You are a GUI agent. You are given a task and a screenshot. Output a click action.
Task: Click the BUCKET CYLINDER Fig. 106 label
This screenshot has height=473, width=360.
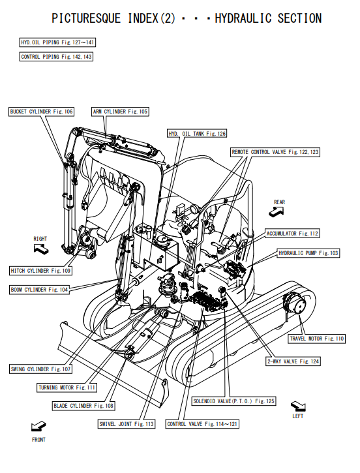coord(41,112)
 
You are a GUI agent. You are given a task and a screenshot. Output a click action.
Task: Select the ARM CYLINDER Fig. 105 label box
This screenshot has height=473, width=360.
coord(120,112)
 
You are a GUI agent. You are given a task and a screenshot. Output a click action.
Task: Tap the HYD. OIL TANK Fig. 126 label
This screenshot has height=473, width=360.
coord(197,134)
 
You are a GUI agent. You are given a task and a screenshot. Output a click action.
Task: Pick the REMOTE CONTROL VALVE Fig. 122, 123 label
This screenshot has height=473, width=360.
coord(275,152)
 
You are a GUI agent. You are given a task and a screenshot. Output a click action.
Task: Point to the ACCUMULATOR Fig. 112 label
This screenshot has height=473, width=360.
coord(292,234)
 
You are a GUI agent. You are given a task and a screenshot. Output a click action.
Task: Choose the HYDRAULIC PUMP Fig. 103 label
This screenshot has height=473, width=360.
coord(308,253)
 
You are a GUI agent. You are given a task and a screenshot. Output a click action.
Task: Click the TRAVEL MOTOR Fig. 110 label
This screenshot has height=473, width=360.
coord(317,339)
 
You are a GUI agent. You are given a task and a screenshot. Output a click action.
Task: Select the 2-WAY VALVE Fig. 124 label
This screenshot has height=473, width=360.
coord(293,361)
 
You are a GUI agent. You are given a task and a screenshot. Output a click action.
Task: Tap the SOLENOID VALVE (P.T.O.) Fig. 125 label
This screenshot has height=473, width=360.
coord(234,401)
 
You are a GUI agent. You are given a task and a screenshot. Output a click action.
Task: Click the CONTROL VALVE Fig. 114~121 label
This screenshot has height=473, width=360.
coord(202,424)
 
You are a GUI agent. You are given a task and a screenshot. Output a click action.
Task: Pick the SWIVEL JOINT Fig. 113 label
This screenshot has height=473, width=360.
coord(127,424)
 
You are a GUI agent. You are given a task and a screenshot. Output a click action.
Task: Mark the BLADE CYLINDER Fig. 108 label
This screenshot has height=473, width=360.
coord(83,406)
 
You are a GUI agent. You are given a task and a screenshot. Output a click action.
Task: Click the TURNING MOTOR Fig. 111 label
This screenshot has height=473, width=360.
coord(67,388)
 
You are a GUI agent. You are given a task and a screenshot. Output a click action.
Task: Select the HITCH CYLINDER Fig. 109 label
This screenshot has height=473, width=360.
coord(40,271)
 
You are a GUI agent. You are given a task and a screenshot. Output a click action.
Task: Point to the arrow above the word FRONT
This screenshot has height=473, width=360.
coord(38,426)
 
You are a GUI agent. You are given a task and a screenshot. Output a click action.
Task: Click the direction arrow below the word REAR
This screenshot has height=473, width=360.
coord(276,212)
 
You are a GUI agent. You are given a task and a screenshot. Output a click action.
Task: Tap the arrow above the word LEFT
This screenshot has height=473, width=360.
coord(298,406)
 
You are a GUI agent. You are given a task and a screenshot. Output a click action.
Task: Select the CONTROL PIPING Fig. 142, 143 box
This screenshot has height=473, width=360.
coord(56,57)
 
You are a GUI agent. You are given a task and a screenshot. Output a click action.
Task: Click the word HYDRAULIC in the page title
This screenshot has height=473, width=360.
coord(243,18)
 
